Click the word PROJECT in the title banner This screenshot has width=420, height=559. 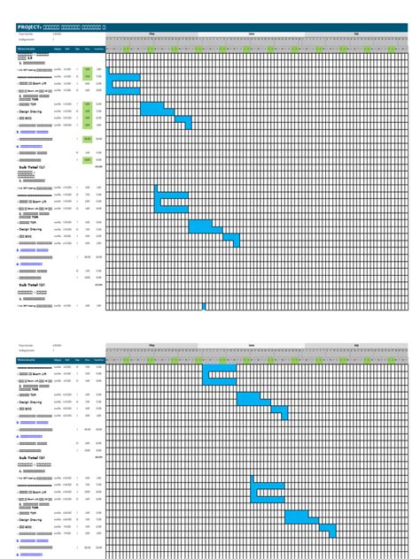pyautogui.click(x=29, y=27)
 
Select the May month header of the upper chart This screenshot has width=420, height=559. pyautogui.click(x=152, y=34)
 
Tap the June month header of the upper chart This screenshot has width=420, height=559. pyautogui.click(x=253, y=34)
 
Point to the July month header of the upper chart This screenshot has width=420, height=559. pyautogui.click(x=356, y=34)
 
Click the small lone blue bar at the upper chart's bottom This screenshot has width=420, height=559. pyautogui.click(x=204, y=306)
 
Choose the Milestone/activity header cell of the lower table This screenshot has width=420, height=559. pyautogui.click(x=27, y=360)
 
